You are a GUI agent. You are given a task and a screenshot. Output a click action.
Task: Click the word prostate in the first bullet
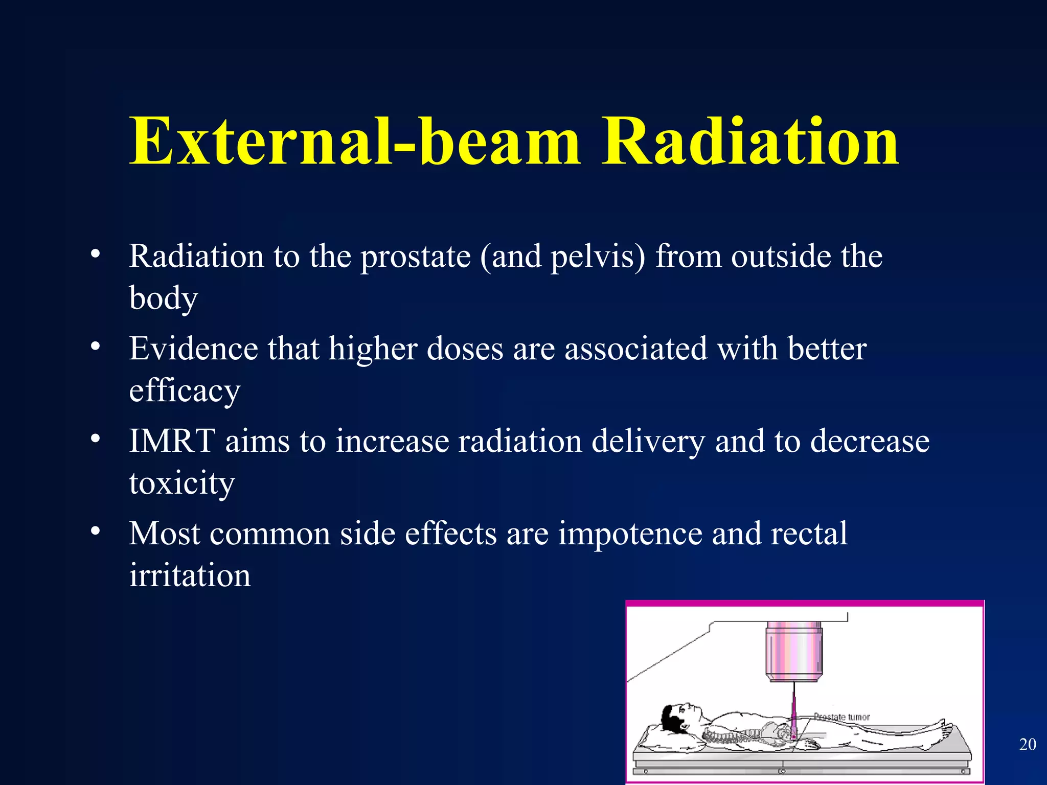[416, 257]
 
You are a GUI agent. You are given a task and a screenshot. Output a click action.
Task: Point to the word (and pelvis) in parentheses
[562, 257]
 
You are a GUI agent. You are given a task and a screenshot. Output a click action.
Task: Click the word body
[163, 298]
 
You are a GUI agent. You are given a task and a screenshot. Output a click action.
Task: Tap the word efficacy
[184, 391]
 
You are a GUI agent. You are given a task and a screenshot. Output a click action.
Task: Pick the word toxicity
[181, 483]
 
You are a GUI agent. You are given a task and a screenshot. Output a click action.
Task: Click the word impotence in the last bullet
[630, 534]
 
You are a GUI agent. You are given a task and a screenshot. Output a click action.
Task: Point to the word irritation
[190, 575]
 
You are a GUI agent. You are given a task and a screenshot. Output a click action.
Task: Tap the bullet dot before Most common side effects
[95, 532]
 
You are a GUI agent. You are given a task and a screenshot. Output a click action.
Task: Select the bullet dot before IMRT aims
[95, 438]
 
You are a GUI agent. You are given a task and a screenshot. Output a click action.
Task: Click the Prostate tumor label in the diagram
[841, 717]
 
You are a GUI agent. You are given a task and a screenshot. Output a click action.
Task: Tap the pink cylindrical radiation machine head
[793, 652]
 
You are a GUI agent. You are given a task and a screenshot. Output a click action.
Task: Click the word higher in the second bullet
[373, 349]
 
